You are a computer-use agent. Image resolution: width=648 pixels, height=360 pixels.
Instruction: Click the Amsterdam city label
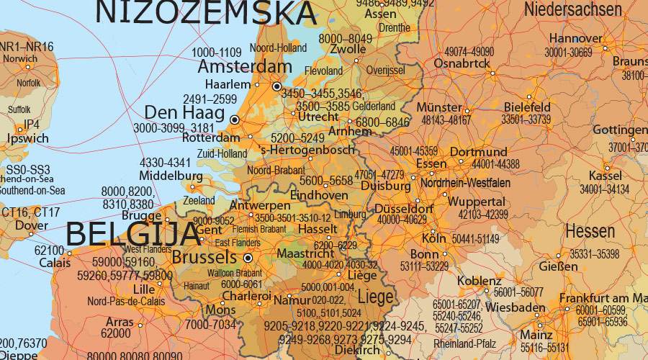click(245, 67)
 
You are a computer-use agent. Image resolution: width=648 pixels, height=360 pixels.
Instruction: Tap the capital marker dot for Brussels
click(248, 257)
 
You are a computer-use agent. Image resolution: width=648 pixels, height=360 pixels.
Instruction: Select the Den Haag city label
click(184, 113)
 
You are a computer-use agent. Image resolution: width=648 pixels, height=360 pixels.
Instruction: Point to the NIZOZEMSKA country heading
click(205, 12)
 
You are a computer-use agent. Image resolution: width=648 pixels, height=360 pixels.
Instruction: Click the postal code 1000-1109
click(217, 53)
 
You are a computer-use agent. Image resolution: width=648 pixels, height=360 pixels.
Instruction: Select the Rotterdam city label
click(211, 138)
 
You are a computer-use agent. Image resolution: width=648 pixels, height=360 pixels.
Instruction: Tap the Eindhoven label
click(319, 195)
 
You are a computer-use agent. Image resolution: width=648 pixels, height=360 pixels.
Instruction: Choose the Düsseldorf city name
click(404, 209)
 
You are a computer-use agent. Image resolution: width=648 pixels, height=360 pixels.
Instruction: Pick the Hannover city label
click(575, 39)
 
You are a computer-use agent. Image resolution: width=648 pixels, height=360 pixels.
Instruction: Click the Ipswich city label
click(27, 138)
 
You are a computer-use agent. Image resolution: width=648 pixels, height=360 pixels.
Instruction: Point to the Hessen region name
click(590, 232)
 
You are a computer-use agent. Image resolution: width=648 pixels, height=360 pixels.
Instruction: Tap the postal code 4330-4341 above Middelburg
click(166, 163)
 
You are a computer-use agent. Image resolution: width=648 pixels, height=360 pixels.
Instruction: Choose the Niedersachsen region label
click(573, 9)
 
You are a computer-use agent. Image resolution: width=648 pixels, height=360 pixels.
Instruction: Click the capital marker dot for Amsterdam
click(276, 86)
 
